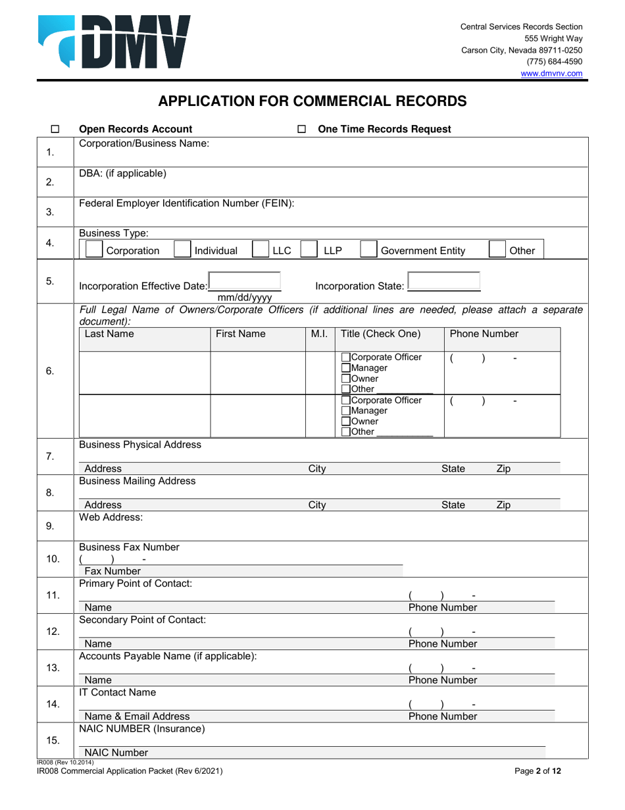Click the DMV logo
[x=114, y=42]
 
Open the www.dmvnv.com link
[x=551, y=74]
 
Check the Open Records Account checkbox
[x=55, y=130]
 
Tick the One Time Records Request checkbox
[x=302, y=130]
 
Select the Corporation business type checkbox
[x=95, y=250]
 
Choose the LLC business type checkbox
[x=261, y=250]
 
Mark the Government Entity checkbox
[x=368, y=250]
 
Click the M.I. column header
[x=319, y=334]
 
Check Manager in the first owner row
[x=346, y=368]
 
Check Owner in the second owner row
[x=346, y=421]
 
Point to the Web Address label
[x=111, y=518]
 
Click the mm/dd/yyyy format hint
[x=244, y=297]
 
